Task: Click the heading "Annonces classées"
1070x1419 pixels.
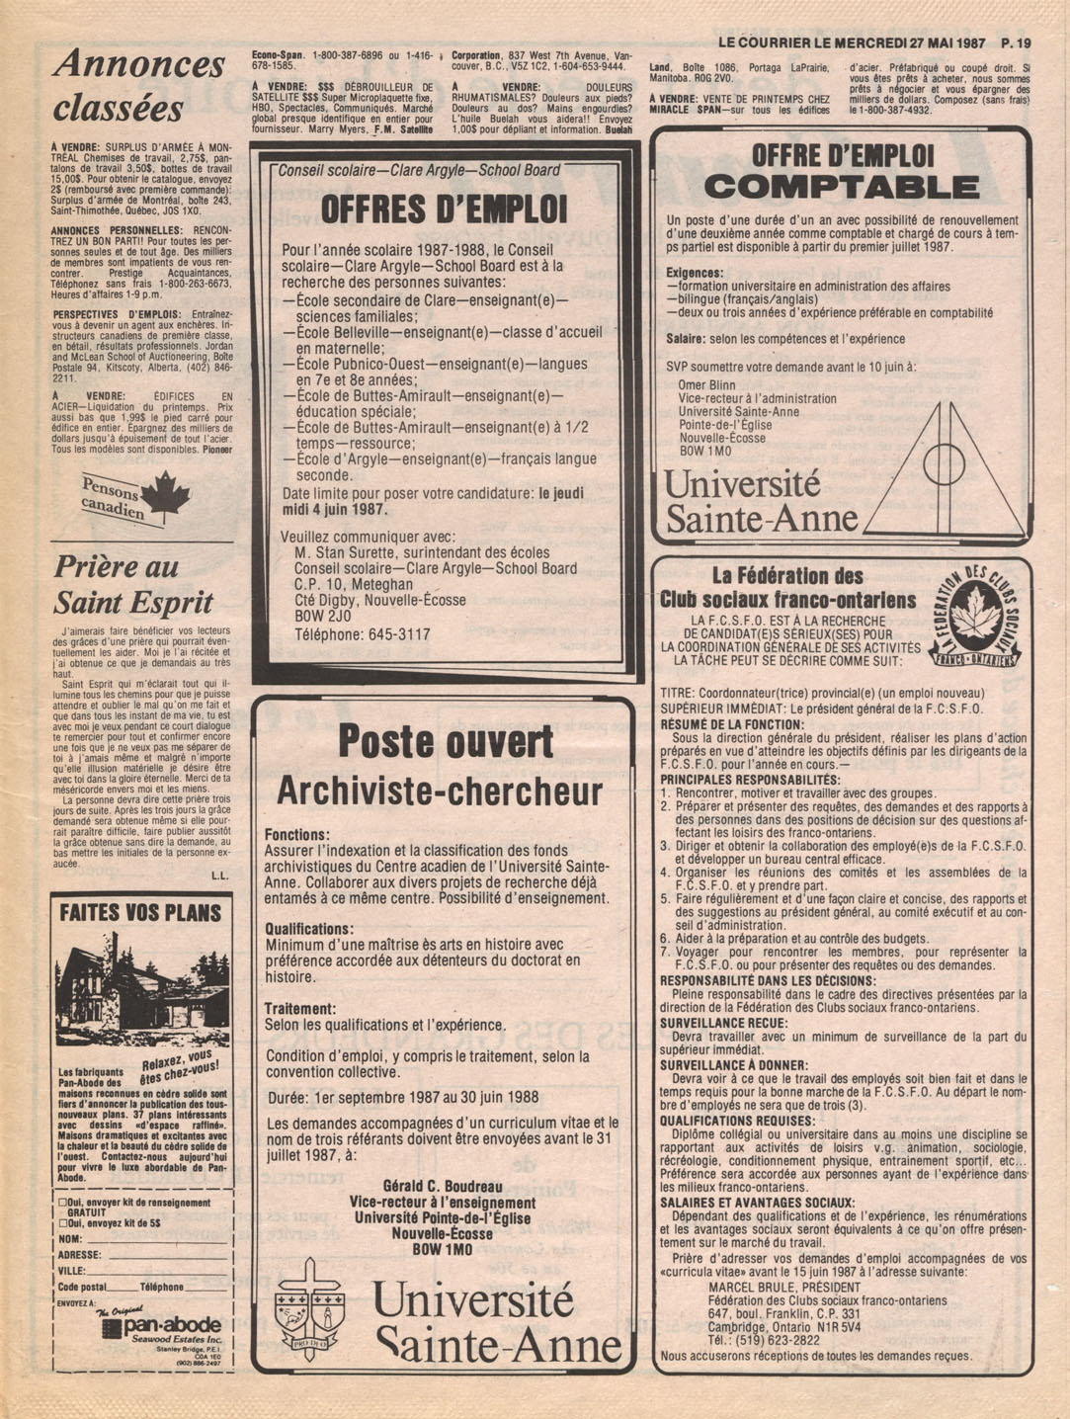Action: point(138,86)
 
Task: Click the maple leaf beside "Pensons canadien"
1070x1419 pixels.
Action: point(164,494)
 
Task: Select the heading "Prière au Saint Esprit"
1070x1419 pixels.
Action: point(132,584)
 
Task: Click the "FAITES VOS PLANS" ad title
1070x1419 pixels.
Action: point(140,912)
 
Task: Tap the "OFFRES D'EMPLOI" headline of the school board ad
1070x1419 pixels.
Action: point(445,209)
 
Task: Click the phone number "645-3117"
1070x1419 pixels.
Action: point(399,634)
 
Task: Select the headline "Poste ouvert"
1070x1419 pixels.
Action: point(445,742)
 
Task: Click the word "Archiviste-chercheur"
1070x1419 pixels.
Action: point(439,792)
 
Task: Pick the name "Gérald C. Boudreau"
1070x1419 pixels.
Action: point(442,1187)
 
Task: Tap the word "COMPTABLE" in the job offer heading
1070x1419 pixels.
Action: point(842,187)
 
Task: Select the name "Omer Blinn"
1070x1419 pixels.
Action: point(706,385)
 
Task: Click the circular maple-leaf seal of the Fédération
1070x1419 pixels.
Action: point(975,619)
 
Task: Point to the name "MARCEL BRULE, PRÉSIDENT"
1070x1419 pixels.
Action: point(783,1288)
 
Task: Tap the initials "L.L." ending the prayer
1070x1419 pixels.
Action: point(219,876)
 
